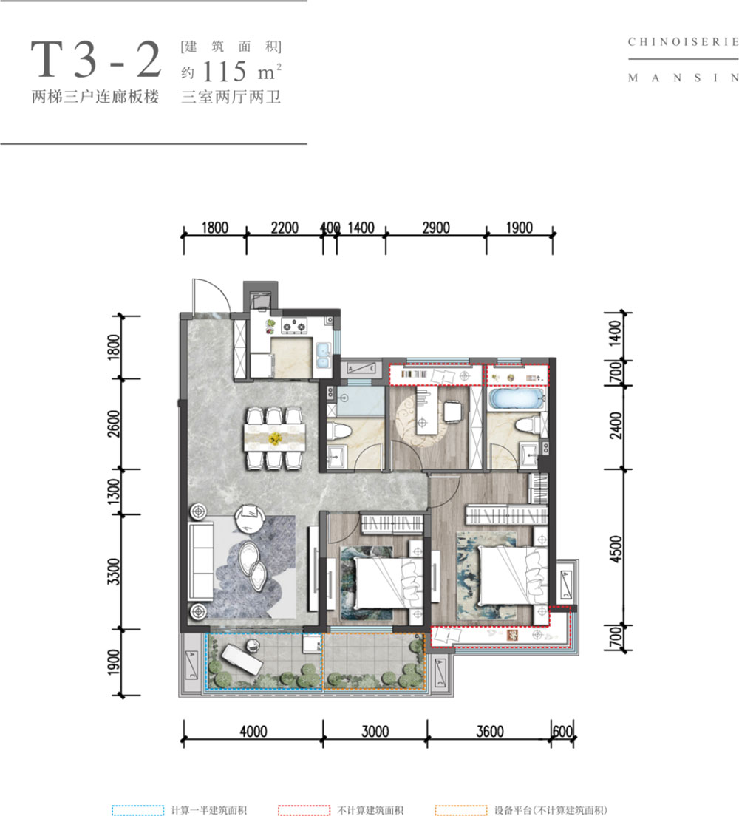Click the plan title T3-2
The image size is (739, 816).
tap(96, 60)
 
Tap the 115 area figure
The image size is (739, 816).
tap(225, 71)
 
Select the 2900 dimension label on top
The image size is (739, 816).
tap(435, 228)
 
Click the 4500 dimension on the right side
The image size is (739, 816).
tap(616, 548)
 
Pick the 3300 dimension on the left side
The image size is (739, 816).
tap(113, 571)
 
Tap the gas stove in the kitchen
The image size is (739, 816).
tap(294, 326)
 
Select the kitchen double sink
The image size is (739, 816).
tap(323, 355)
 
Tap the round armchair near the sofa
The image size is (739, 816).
tap(250, 519)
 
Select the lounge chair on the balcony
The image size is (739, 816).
tap(241, 658)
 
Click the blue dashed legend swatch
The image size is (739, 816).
tap(138, 810)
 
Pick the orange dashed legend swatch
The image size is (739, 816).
tap(461, 810)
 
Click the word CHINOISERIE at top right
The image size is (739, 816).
tap(684, 41)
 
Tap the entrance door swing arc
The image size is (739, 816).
tap(219, 291)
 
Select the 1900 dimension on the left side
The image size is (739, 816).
tap(113, 662)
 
